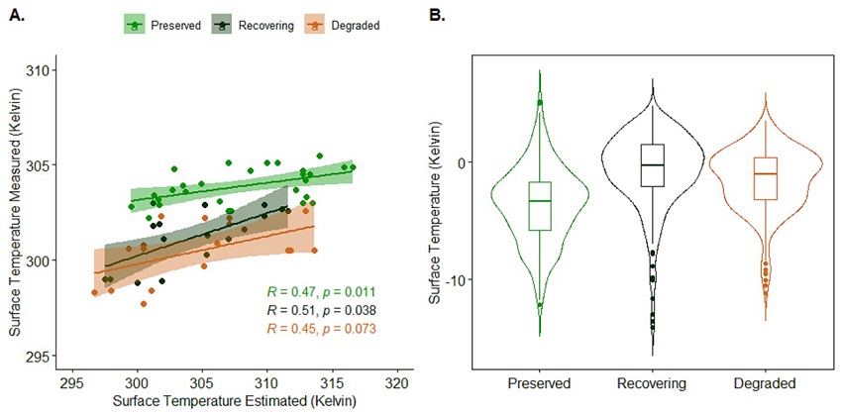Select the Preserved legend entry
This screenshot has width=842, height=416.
(162, 25)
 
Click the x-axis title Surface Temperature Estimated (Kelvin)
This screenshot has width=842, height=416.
(234, 401)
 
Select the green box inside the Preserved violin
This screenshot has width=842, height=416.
(539, 206)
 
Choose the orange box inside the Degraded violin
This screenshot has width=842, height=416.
(765, 178)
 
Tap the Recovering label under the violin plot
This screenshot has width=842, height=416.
(652, 383)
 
